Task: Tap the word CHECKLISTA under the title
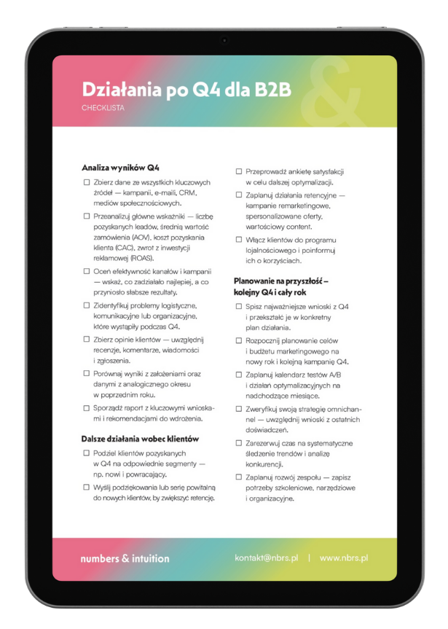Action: pyautogui.click(x=105, y=108)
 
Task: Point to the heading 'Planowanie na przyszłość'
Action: pyautogui.click(x=281, y=280)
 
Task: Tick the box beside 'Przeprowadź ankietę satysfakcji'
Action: pyautogui.click(x=238, y=172)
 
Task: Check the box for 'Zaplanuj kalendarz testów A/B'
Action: pyautogui.click(x=238, y=374)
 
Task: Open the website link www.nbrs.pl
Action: pyautogui.click(x=344, y=558)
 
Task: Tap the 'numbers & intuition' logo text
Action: pyautogui.click(x=125, y=558)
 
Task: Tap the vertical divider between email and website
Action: pyautogui.click(x=308, y=558)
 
